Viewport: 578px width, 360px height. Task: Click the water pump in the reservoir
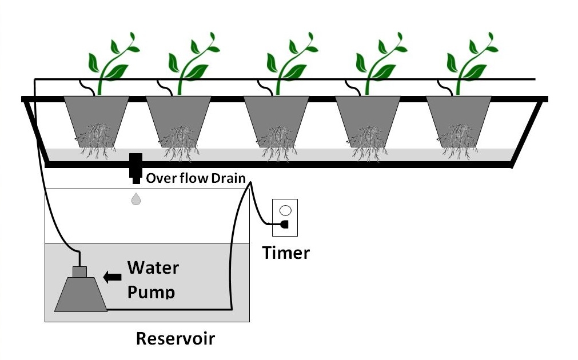click(81, 293)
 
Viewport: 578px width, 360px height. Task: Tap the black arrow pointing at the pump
click(112, 277)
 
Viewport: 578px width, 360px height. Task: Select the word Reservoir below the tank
click(175, 338)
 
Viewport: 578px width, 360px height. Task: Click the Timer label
click(286, 253)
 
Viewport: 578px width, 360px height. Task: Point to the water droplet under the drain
click(135, 199)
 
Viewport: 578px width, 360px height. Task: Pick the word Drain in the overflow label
click(228, 178)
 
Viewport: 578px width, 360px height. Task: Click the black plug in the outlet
click(284, 225)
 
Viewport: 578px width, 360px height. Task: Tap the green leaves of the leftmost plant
click(111, 60)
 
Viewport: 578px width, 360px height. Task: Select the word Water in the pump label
click(153, 267)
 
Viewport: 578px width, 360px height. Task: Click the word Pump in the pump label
click(150, 291)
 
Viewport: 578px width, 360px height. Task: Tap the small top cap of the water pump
click(79, 271)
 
